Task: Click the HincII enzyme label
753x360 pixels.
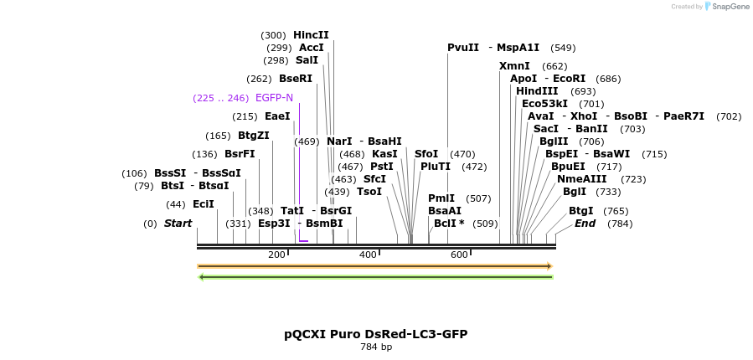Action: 311,35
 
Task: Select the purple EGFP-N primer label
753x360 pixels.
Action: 274,98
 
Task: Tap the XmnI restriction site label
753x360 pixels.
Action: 514,66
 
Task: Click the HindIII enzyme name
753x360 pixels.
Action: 537,91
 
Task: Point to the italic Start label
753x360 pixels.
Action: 178,224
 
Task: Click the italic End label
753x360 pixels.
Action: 585,224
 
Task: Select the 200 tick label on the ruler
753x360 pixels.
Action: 276,255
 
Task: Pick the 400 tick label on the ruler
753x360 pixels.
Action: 368,255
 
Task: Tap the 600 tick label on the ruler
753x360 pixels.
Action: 459,255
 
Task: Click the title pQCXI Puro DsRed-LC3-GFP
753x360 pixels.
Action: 375,334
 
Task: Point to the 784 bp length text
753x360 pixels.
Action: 376,347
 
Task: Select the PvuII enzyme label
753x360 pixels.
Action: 463,48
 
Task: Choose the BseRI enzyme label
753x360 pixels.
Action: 296,79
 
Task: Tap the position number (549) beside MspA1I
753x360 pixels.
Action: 563,48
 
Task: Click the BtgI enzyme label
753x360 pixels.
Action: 580,211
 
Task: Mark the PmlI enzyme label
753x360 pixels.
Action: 441,198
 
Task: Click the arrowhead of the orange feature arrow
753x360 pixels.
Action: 549,266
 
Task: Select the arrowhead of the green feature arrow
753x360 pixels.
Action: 201,277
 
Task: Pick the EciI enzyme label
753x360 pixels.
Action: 204,204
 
